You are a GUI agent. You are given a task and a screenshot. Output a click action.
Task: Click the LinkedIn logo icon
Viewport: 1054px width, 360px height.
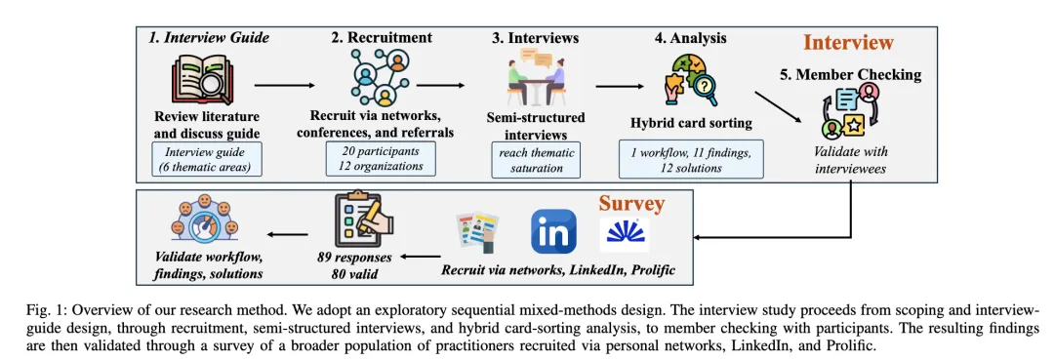point(553,232)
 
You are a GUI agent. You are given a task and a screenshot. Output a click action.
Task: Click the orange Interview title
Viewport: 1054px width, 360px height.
point(848,43)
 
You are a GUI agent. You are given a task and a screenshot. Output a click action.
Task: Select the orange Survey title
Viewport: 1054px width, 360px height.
point(631,204)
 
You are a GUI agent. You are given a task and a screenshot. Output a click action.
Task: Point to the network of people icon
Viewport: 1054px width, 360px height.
point(381,75)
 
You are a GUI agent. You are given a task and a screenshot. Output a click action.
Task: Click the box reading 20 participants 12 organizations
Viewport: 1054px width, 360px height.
point(381,158)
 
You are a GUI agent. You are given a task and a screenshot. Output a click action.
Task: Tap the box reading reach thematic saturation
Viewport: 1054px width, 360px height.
point(536,160)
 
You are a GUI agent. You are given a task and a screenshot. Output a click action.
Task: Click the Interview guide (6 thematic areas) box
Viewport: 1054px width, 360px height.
point(207,160)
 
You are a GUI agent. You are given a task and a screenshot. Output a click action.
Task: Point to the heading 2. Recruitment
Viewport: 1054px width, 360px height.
point(381,38)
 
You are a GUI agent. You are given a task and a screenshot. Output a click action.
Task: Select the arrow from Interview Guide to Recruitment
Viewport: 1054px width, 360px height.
point(284,86)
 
